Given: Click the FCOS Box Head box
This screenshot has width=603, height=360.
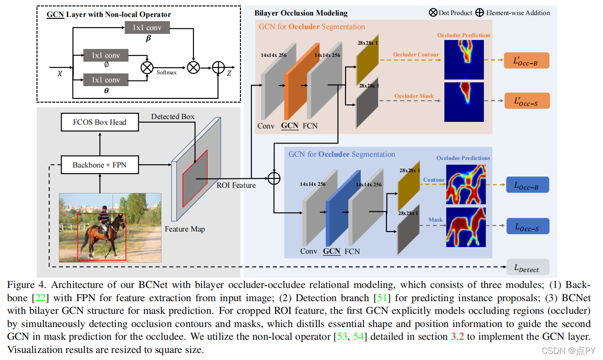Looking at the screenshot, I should (100, 122).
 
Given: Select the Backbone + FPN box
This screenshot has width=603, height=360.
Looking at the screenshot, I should (100, 165).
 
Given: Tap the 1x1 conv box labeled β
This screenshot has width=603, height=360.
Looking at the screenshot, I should (147, 28).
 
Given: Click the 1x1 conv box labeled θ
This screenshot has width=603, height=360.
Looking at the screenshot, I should (106, 80).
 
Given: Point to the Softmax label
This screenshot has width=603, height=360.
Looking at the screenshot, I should (167, 72).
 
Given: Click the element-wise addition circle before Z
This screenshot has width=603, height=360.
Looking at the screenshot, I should (218, 68).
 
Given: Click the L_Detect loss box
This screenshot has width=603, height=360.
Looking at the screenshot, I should (528, 268).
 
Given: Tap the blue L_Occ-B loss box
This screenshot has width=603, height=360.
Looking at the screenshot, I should (528, 185).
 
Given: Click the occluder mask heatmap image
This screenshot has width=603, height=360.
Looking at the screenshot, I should (464, 102).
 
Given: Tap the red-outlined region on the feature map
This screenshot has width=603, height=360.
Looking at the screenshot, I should (195, 179).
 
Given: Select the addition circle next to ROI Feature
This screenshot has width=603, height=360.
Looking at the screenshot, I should (273, 178).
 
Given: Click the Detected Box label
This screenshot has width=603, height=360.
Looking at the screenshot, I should (173, 116).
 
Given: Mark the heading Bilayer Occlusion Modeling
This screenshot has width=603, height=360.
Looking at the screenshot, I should (301, 13).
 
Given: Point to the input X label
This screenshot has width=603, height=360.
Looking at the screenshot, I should (60, 73).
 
